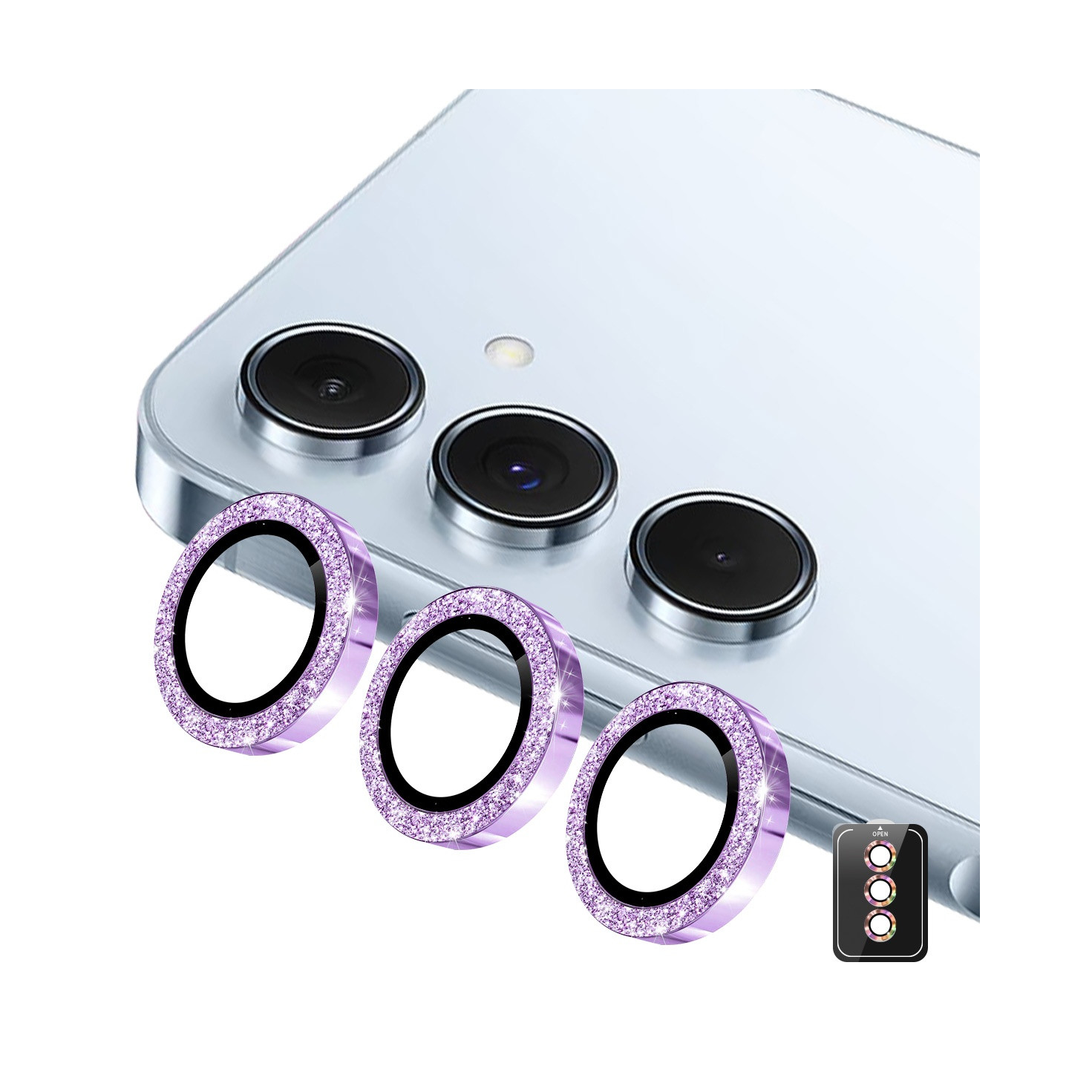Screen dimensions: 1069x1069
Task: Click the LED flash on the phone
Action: point(509,350)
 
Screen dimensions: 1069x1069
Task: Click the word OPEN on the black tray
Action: point(880,849)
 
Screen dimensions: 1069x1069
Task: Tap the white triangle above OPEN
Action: point(880,842)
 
